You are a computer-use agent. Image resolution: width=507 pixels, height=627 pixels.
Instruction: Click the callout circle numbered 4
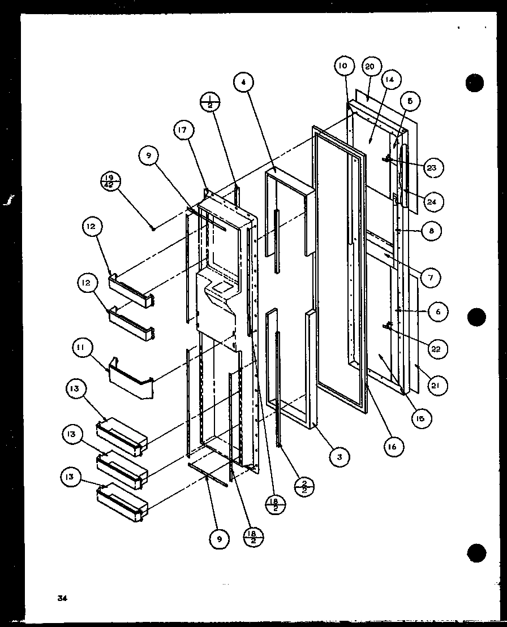(x=243, y=82)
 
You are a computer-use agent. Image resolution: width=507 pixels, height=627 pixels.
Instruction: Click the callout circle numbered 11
(x=81, y=349)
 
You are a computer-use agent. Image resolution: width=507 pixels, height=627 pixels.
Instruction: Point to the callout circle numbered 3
(x=338, y=456)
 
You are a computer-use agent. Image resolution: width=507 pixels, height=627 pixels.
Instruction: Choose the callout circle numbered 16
(x=392, y=447)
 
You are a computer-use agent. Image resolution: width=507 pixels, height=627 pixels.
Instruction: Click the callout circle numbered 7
(x=430, y=277)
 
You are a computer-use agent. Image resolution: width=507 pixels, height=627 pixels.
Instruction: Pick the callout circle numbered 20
(x=369, y=67)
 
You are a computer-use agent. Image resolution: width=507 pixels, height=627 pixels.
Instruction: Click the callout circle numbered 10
(x=343, y=66)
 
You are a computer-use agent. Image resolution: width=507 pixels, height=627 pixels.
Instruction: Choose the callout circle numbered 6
(x=438, y=311)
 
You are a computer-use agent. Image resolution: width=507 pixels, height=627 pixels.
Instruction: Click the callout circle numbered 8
(x=432, y=231)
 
